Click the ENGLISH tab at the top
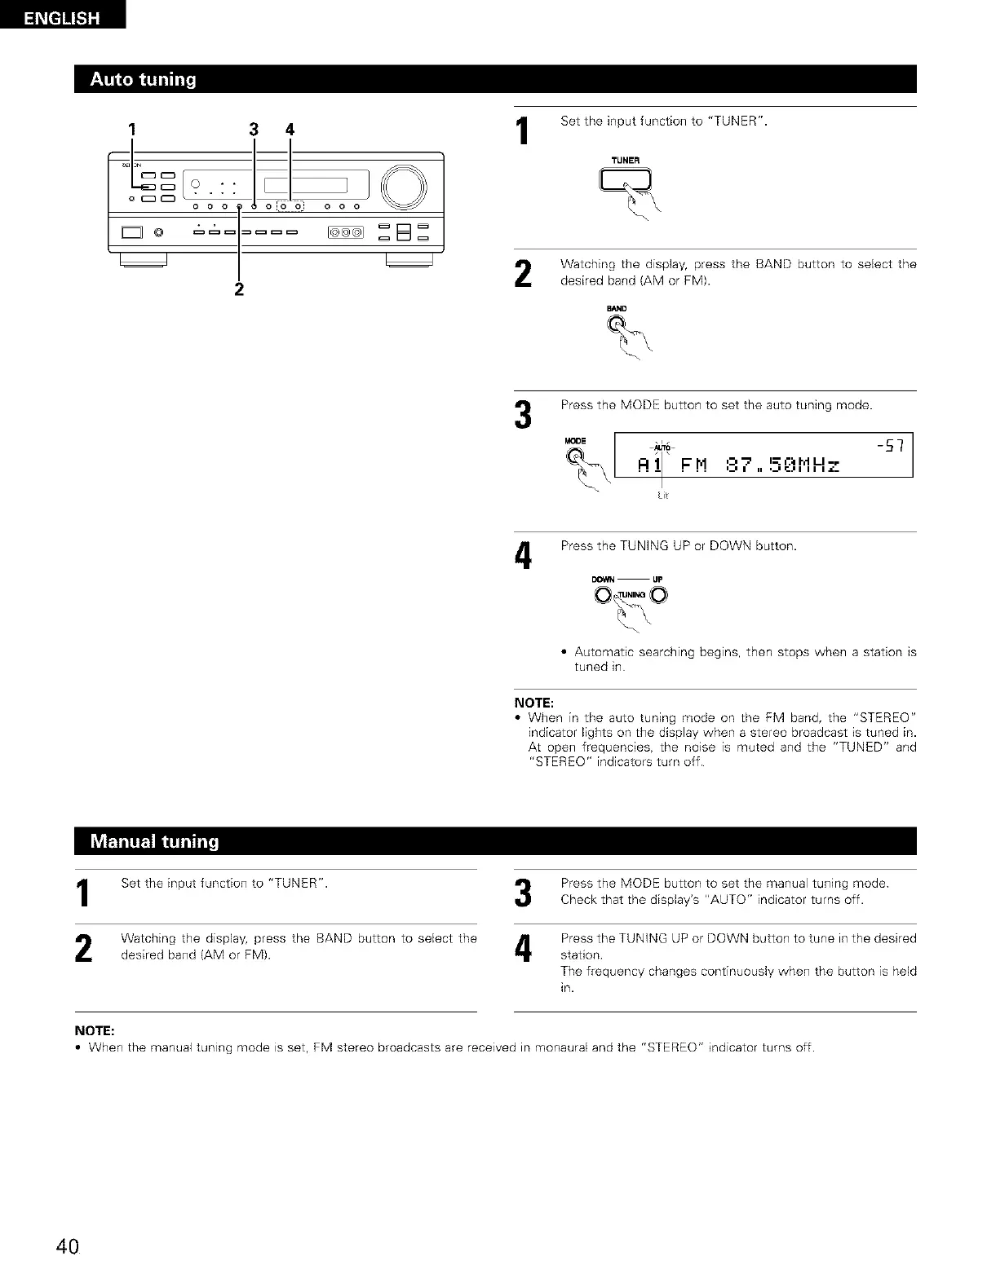click(x=62, y=16)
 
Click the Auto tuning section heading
click(x=144, y=80)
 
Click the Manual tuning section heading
click(x=155, y=841)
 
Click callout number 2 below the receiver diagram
click(x=239, y=289)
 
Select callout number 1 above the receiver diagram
click(x=131, y=129)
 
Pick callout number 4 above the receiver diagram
click(x=290, y=129)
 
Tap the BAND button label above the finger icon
click(x=617, y=308)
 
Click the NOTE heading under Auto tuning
click(x=534, y=702)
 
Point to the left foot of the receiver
click(x=144, y=260)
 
